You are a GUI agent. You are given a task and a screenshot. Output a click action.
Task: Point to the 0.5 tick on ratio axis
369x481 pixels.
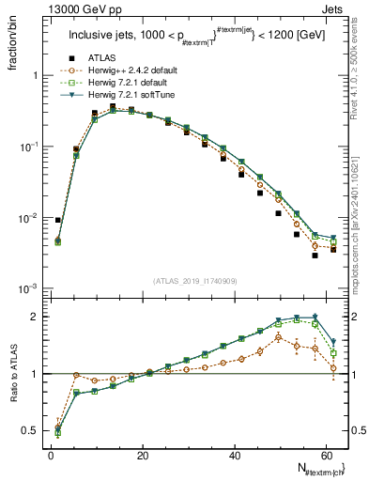coord(31,431)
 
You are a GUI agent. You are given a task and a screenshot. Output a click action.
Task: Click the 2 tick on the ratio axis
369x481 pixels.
coord(37,317)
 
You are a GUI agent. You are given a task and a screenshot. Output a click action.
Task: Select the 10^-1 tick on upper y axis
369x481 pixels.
coord(30,147)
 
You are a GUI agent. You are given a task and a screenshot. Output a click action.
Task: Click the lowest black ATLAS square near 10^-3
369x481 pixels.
coord(315,256)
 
